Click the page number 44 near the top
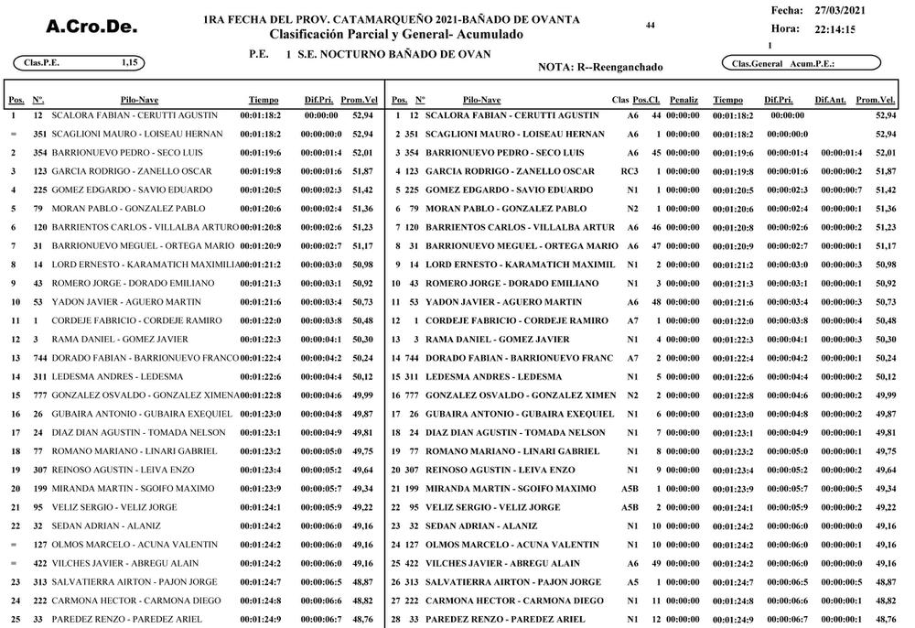tap(650, 26)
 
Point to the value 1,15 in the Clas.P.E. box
tap(129, 62)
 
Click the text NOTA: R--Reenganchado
tap(600, 67)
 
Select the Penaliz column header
tap(684, 99)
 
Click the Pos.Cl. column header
tap(647, 99)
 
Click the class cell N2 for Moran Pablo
tap(632, 209)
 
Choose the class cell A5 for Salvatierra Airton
tap(632, 582)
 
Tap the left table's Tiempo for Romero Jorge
tap(260, 284)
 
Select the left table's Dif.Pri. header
tap(321, 99)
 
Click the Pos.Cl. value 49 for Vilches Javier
tap(656, 564)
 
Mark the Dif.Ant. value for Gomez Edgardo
tap(841, 189)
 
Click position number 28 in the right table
tap(396, 620)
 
